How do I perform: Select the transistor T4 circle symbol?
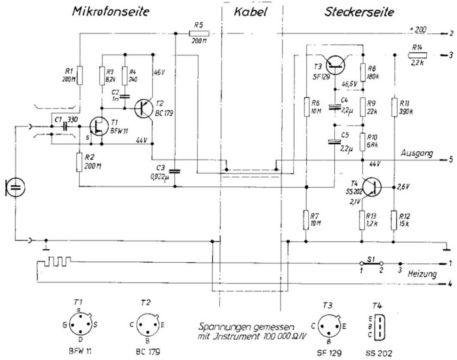[371, 188]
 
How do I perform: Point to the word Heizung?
[422, 275]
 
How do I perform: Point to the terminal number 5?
[450, 159]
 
